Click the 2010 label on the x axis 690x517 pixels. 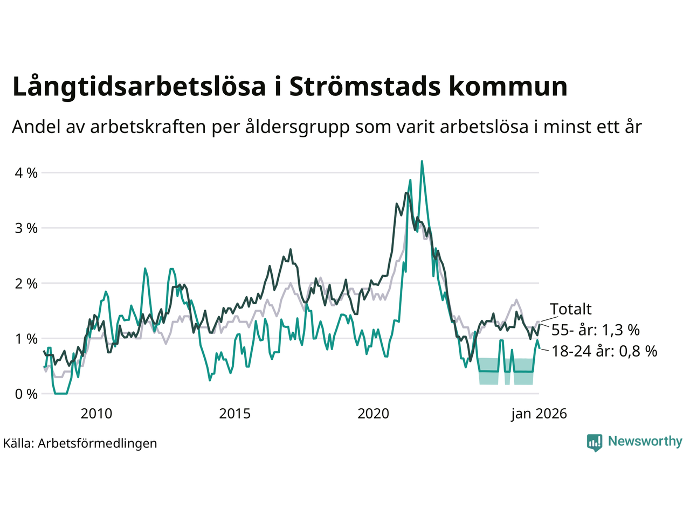pyautogui.click(x=96, y=414)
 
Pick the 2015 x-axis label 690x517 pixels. pyautogui.click(x=235, y=414)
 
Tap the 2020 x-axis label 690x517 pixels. pyautogui.click(x=374, y=414)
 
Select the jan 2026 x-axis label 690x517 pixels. pyautogui.click(x=539, y=414)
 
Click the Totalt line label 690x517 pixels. pyautogui.click(x=571, y=309)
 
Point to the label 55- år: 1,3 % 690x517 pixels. pyautogui.click(x=595, y=330)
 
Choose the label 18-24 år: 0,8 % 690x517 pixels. pyautogui.click(x=604, y=352)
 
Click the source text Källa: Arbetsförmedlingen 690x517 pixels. pyautogui.click(x=80, y=443)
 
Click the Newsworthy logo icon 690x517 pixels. pyautogui.click(x=595, y=442)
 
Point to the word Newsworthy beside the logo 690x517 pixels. pyautogui.click(x=645, y=442)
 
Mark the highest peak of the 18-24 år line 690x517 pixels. pyautogui.click(x=422, y=161)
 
